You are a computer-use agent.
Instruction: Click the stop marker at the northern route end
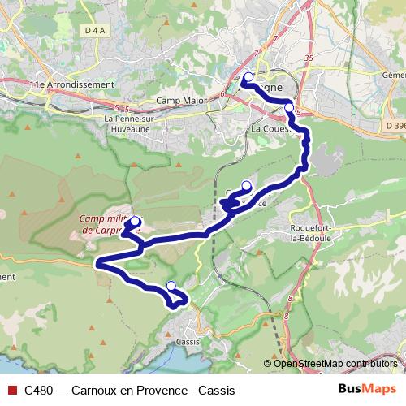tap(248, 78)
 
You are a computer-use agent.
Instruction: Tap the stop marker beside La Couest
tap(289, 107)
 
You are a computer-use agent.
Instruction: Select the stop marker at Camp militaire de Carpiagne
tap(136, 221)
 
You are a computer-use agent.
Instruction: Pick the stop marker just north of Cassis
tap(171, 285)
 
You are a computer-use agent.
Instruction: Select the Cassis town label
tap(188, 342)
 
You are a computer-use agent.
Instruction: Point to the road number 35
tap(308, 58)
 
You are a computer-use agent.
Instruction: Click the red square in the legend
tap(11, 390)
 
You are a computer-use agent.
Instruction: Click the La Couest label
tap(270, 128)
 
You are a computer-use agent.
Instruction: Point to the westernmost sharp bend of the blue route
tap(97, 263)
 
